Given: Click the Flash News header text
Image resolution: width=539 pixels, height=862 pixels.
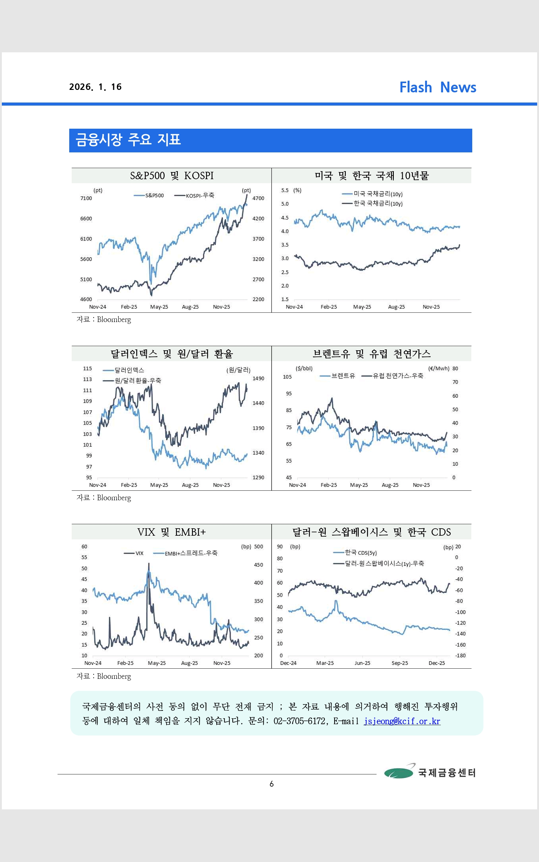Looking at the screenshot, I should pyautogui.click(x=437, y=87).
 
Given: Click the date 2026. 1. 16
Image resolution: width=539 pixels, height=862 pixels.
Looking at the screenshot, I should pyautogui.click(x=95, y=87).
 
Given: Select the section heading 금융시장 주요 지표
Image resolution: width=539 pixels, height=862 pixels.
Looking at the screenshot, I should pyautogui.click(x=128, y=140).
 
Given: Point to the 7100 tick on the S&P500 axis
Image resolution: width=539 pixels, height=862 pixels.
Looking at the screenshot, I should pyautogui.click(x=86, y=198).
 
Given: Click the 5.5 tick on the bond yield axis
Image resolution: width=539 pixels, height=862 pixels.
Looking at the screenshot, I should pyautogui.click(x=285, y=191).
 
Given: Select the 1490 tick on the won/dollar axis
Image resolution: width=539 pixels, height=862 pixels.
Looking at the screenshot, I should pyautogui.click(x=258, y=378).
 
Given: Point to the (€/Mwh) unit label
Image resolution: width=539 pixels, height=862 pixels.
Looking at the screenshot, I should pyautogui.click(x=438, y=369).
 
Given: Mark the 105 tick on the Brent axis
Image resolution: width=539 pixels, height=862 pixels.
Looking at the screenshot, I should pyautogui.click(x=287, y=377).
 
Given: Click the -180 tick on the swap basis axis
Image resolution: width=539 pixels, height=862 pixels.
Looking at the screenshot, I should pyautogui.click(x=460, y=655).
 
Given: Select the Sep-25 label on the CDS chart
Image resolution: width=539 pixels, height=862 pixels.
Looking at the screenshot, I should pyautogui.click(x=400, y=663).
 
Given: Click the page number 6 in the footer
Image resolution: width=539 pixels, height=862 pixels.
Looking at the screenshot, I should pyautogui.click(x=272, y=784).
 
